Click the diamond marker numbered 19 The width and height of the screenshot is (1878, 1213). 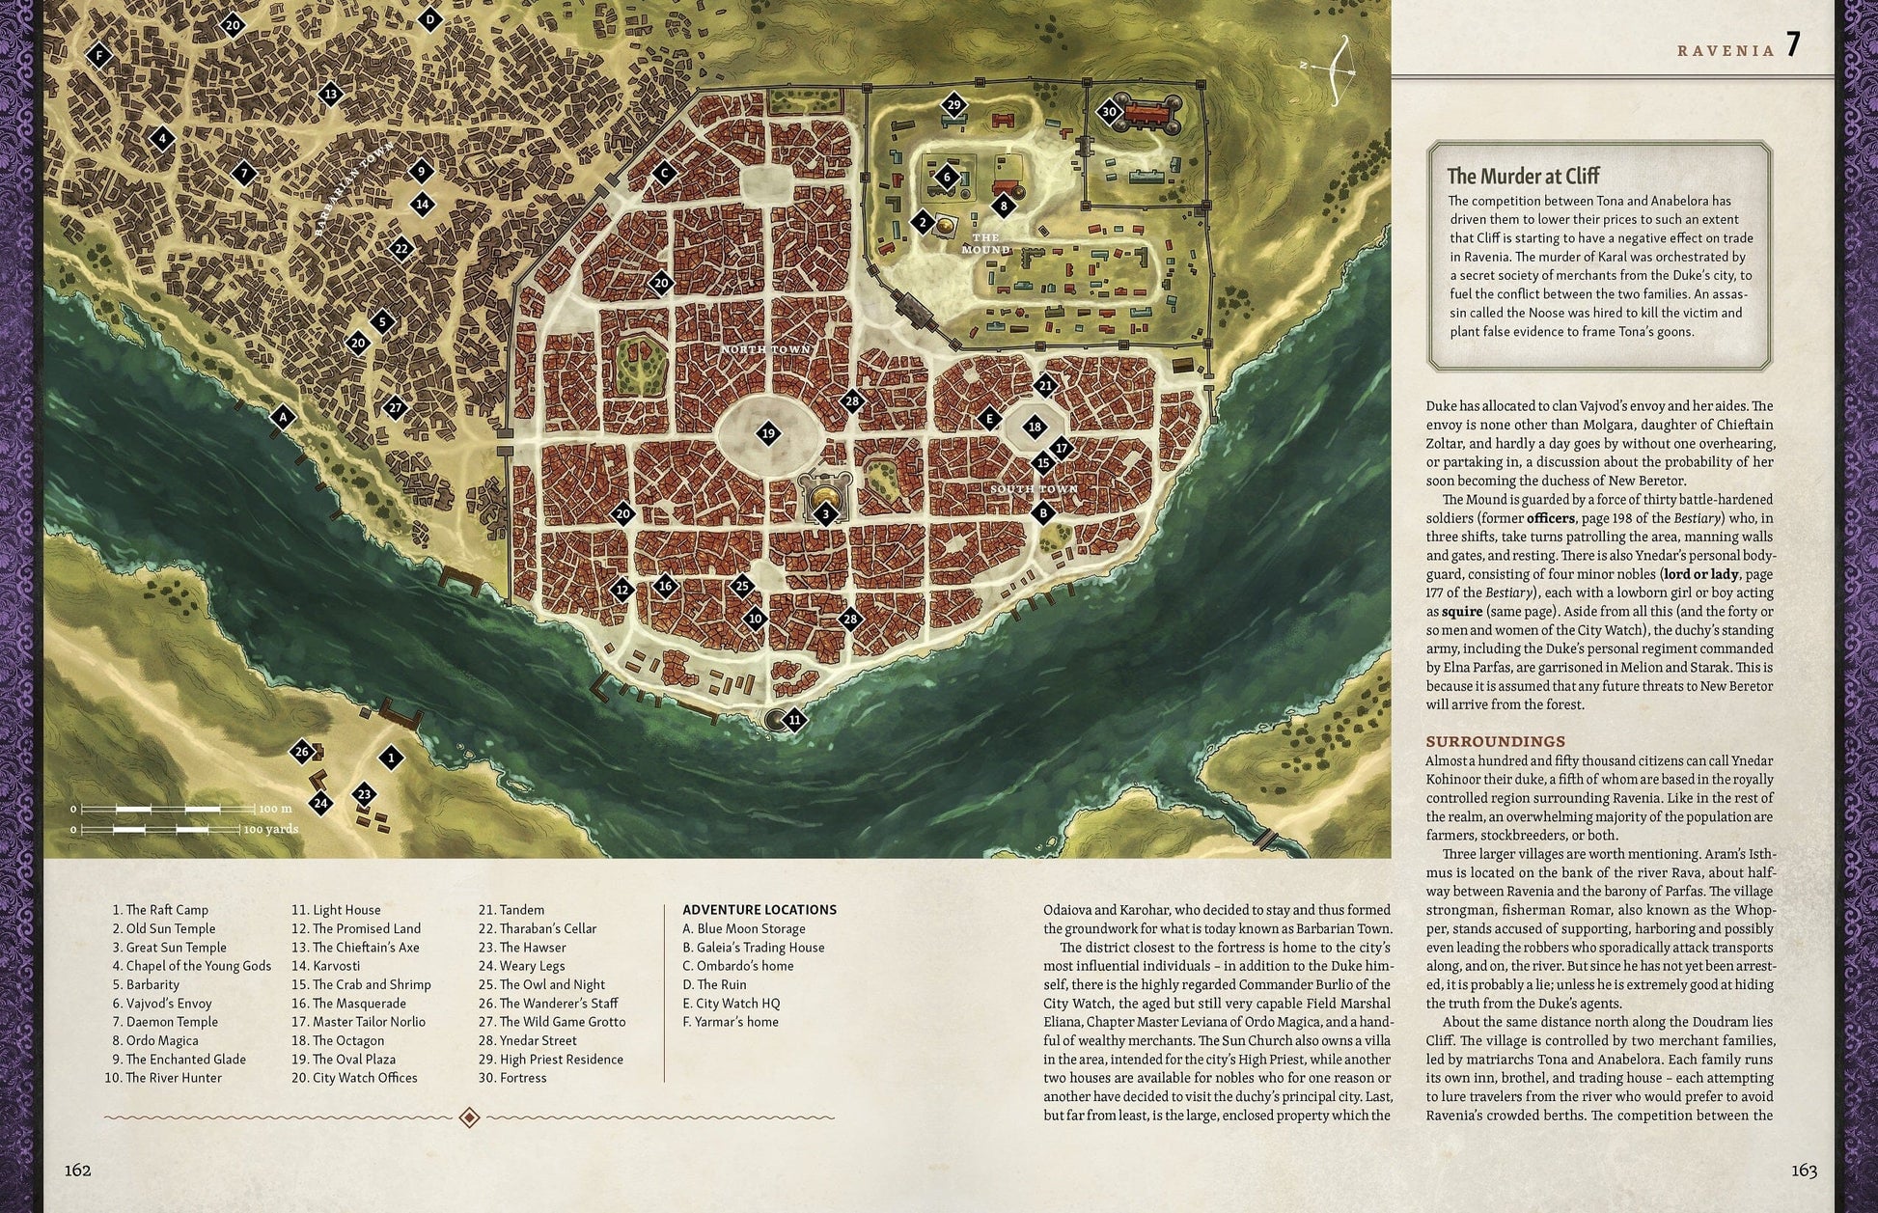[x=768, y=433]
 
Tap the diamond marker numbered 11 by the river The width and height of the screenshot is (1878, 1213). [x=794, y=720]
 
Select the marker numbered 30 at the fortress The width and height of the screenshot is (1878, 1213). [x=1110, y=112]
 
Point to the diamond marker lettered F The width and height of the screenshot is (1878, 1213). [x=98, y=56]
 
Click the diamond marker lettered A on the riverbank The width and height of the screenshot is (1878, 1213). [x=283, y=417]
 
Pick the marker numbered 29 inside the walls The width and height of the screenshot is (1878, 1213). [x=953, y=104]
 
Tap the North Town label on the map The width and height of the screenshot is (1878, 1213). [x=766, y=349]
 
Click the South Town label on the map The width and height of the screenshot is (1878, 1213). [x=1034, y=489]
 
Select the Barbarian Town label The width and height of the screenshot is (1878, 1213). [x=354, y=189]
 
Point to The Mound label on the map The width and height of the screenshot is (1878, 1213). [x=985, y=243]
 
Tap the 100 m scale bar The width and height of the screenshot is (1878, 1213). [x=170, y=809]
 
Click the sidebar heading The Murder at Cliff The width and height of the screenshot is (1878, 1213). [x=1523, y=176]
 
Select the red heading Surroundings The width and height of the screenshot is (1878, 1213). [x=1496, y=741]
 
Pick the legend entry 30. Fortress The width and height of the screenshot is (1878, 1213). [x=512, y=1078]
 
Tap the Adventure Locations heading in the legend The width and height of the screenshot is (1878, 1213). [x=759, y=910]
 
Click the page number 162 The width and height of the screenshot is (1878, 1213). [x=77, y=1171]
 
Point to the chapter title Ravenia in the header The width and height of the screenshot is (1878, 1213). [x=1726, y=51]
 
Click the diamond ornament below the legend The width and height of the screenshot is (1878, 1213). [x=469, y=1117]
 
